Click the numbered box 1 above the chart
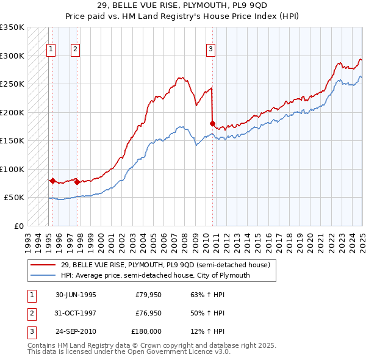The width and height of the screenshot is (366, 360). (50, 50)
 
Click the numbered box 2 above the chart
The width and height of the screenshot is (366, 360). (75, 50)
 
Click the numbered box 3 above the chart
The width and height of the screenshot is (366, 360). (210, 50)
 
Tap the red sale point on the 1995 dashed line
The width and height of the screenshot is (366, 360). (53, 181)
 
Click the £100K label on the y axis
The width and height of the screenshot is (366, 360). (13, 169)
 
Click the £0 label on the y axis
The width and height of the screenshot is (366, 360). (18, 226)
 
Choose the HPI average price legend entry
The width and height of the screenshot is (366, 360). (155, 275)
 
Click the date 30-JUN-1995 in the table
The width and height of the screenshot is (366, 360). (76, 295)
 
